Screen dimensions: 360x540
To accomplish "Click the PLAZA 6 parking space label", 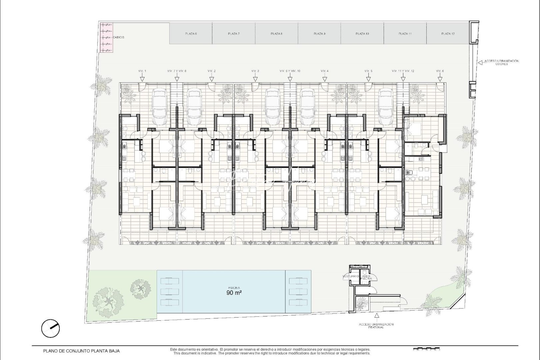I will point(191,34).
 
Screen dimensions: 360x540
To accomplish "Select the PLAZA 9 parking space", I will point(319,34).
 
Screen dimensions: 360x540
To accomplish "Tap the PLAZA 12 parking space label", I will point(448,34).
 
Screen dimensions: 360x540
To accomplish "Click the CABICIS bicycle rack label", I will point(118,37).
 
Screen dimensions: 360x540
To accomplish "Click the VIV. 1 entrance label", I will point(142,71).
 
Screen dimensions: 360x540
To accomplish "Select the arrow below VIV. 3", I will point(255,79).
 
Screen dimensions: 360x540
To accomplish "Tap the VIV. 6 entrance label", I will point(440,71).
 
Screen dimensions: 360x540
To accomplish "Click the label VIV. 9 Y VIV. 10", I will point(290,71).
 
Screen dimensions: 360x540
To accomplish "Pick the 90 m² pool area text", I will point(234,293).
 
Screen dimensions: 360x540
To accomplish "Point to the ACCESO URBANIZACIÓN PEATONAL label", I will point(376,326).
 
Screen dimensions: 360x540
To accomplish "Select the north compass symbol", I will point(51,328).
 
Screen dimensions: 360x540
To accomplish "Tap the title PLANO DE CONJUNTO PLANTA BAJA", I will point(81,351).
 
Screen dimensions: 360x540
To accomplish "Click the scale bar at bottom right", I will point(427,350).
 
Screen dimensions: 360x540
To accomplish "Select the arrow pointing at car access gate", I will point(480,62).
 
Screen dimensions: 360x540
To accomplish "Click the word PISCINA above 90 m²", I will point(234,288).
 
